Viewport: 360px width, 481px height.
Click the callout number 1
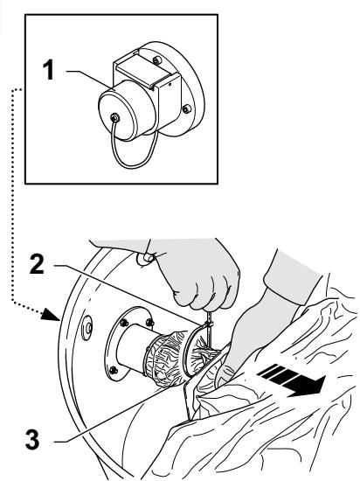(48, 70)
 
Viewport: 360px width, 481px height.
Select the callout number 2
(37, 264)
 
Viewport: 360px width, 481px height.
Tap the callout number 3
(33, 439)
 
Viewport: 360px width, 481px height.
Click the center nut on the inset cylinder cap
(115, 117)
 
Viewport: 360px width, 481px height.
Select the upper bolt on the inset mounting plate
(157, 60)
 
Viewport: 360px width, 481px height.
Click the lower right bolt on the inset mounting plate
(186, 108)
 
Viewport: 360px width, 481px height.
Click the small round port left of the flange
(87, 328)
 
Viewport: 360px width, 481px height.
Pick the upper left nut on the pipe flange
(124, 323)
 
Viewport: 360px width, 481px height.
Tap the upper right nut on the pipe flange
(149, 323)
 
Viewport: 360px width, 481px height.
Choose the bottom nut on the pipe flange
(114, 370)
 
